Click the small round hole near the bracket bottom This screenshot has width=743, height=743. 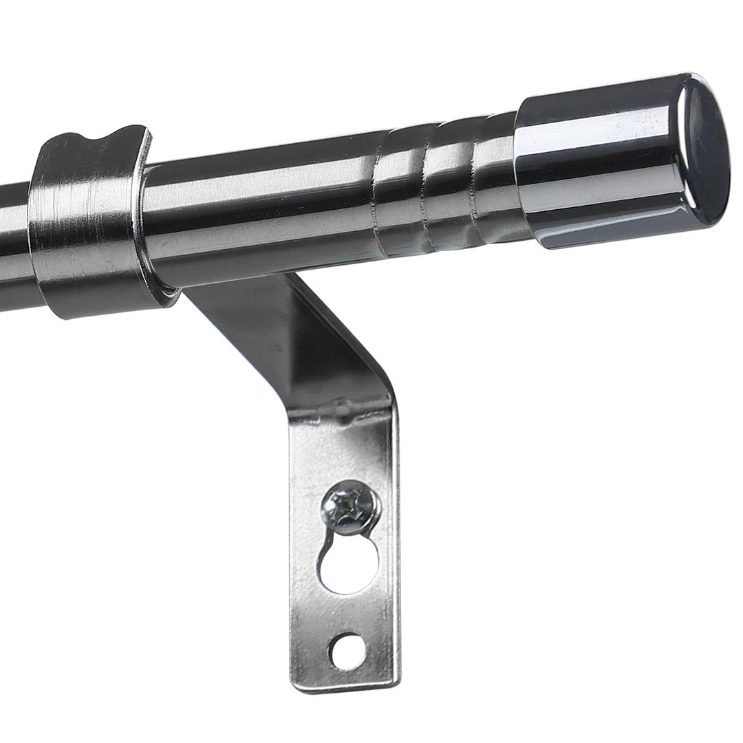347,650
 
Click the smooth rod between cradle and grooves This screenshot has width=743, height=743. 261,213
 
